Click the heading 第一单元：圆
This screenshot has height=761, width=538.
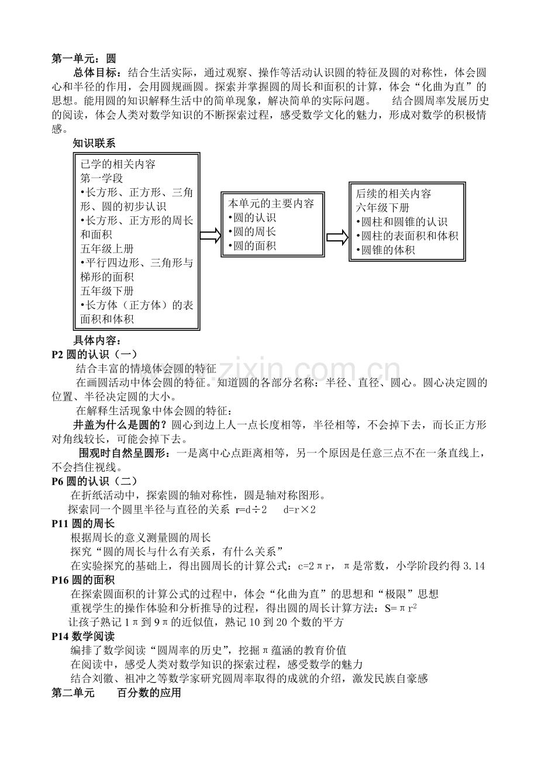pyautogui.click(x=84, y=58)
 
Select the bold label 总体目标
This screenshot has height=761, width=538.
pyautogui.click(x=96, y=72)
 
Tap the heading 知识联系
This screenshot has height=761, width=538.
pyautogui.click(x=94, y=143)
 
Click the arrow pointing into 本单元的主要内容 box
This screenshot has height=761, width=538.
pyautogui.click(x=209, y=235)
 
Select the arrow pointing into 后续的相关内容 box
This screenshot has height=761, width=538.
pyautogui.click(x=337, y=238)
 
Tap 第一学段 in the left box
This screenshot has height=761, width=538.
pyautogui.click(x=102, y=178)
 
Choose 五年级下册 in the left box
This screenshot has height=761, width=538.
pyautogui.click(x=107, y=290)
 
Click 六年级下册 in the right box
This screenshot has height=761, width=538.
pyautogui.click(x=382, y=207)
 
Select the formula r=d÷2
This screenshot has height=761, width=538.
pyautogui.click(x=251, y=509)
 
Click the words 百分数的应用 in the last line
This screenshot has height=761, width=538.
pyautogui.click(x=149, y=693)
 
